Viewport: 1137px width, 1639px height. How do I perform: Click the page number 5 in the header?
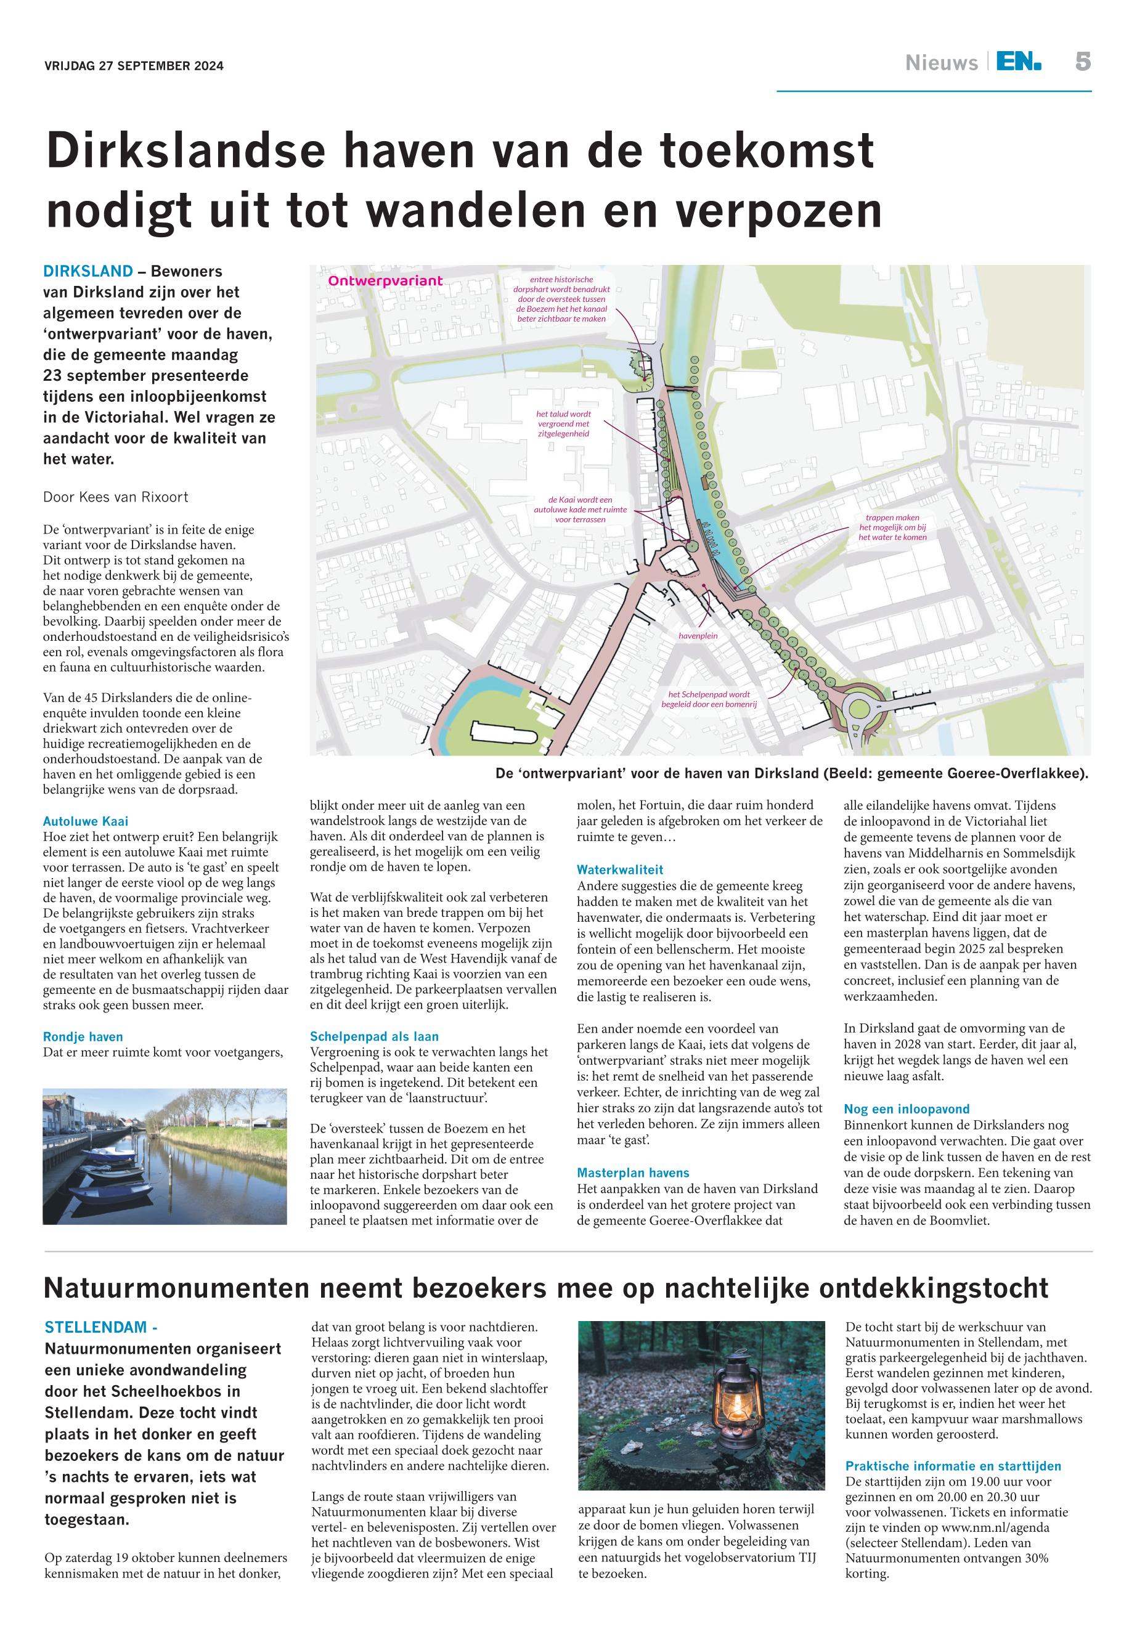tap(1082, 62)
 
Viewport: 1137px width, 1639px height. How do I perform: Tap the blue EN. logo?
tap(1018, 62)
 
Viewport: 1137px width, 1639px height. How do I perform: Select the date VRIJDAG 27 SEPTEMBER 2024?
tap(134, 67)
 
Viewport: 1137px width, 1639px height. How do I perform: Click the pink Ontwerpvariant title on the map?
tap(385, 282)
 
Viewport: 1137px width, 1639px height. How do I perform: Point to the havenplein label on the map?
tap(698, 635)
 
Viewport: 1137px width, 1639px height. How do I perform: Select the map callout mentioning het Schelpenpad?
tap(709, 698)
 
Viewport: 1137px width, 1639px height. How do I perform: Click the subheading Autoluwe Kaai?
tap(86, 821)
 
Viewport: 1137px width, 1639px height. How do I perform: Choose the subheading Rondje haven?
tap(83, 1036)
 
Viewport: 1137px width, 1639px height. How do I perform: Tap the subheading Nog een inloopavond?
tap(906, 1109)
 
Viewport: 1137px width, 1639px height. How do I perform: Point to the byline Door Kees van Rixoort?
tap(116, 497)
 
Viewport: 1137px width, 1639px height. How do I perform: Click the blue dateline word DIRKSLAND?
tap(88, 271)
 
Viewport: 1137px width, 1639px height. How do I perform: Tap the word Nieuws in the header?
tap(941, 63)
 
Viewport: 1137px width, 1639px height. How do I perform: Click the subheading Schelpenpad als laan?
tap(374, 1036)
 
